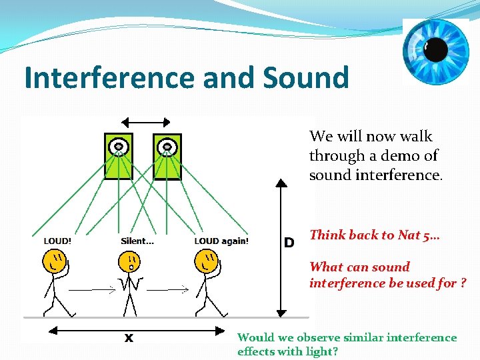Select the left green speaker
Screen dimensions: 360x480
119,156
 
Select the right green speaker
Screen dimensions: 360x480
167,156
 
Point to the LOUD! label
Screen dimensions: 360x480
57,241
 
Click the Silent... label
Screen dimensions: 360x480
137,241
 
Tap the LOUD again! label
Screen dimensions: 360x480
221,241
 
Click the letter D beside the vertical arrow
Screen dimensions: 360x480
289,243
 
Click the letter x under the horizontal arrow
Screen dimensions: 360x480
129,337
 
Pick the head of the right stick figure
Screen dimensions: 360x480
207,262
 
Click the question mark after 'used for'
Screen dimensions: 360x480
462,283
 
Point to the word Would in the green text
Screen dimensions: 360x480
255,337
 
